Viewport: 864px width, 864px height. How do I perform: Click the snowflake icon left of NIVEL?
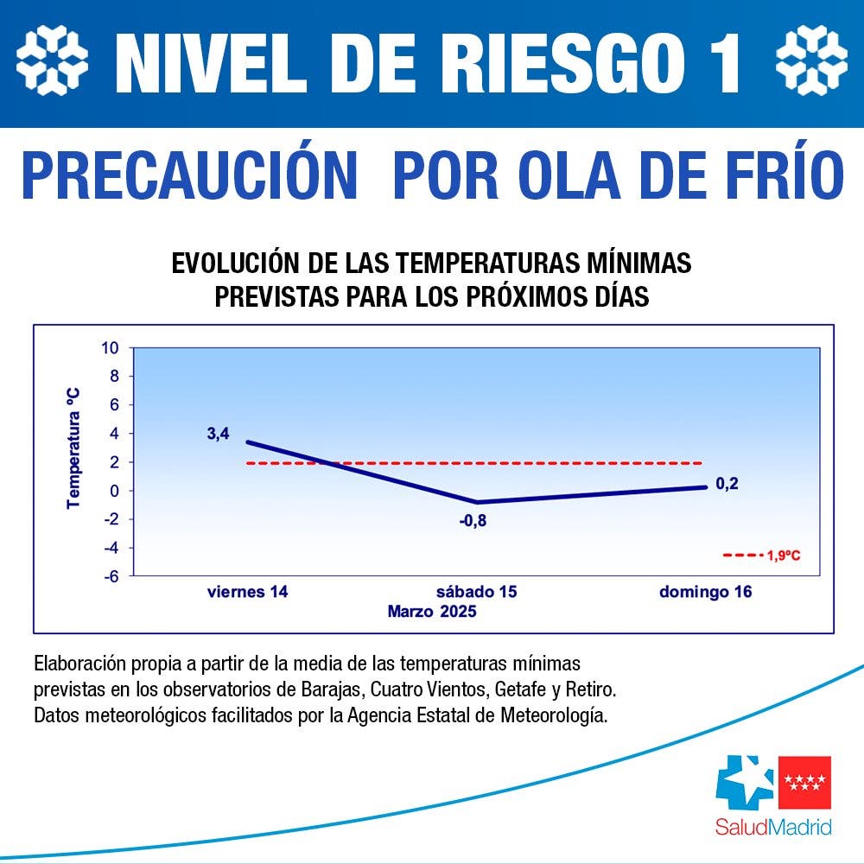(53, 60)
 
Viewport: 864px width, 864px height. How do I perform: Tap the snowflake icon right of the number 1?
(811, 60)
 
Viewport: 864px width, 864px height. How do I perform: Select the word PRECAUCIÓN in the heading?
(189, 176)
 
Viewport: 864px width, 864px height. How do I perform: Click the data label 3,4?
(218, 434)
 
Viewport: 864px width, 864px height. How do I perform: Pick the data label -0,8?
(473, 520)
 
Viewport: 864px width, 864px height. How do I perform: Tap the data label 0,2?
(727, 484)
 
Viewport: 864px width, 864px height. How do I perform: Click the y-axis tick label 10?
(110, 348)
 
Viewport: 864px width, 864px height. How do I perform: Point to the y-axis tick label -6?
(111, 575)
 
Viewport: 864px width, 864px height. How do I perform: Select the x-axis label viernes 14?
(247, 593)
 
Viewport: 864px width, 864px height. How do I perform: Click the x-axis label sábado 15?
(476, 593)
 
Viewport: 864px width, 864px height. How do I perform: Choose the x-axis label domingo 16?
(705, 593)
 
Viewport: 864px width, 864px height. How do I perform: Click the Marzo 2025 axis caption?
(432, 612)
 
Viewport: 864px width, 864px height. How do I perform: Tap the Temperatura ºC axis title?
(74, 447)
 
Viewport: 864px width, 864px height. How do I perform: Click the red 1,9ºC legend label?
(783, 556)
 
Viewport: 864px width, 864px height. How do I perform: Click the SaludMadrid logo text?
(773, 827)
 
